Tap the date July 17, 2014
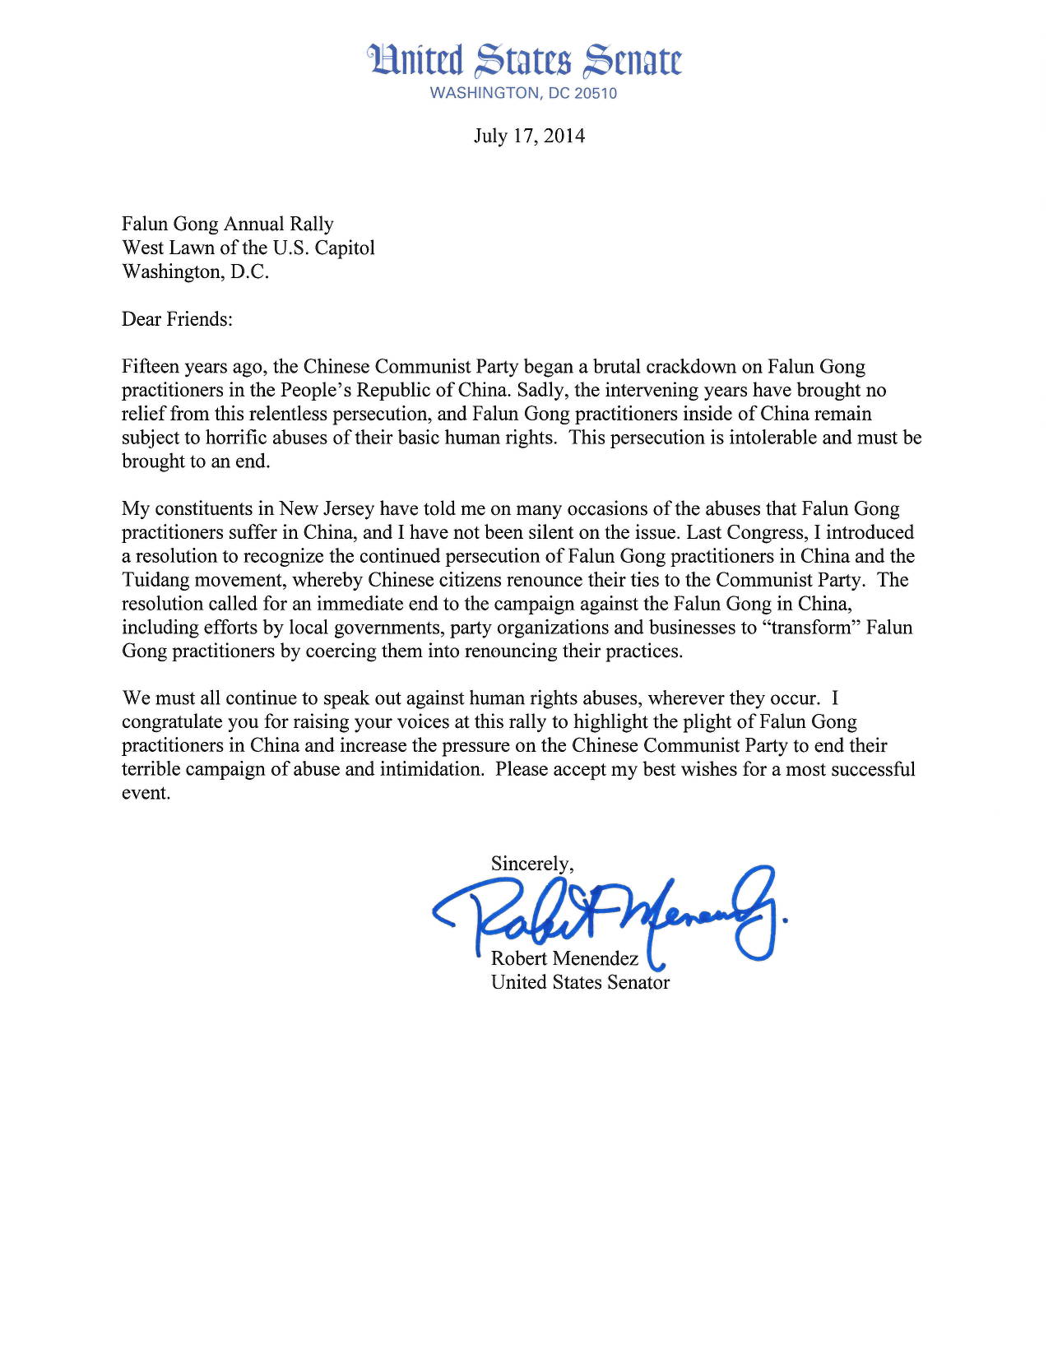(529, 136)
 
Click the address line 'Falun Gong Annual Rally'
(228, 224)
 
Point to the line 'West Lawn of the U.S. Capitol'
(248, 248)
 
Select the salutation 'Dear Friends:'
(178, 319)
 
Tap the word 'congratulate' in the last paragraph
(171, 722)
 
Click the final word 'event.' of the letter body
(146, 794)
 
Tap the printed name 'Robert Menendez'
(564, 958)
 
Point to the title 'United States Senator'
(580, 982)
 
